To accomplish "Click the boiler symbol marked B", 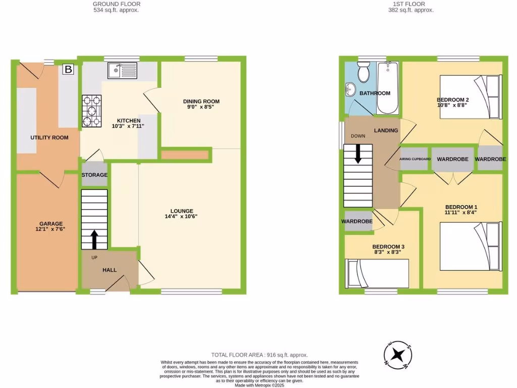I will [x=68, y=70].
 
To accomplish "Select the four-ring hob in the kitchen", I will [x=91, y=111].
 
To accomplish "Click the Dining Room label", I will [x=201, y=102].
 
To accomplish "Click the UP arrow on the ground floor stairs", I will [x=94, y=239].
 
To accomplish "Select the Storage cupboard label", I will [x=94, y=175].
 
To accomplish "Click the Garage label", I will [x=51, y=223].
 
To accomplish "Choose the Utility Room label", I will [x=49, y=137].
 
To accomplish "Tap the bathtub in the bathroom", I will [x=388, y=88].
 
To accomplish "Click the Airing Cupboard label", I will [x=415, y=159].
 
